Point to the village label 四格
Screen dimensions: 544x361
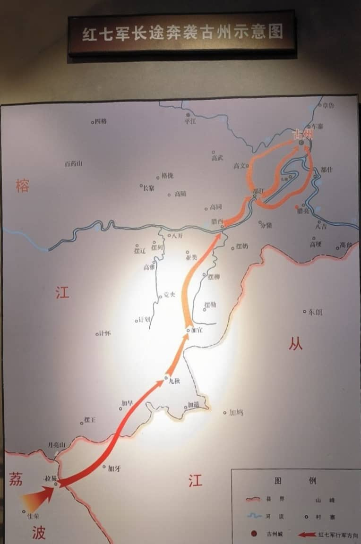pos(101,121)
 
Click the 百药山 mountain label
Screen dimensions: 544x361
pos(73,163)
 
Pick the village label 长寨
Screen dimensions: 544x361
pos(148,188)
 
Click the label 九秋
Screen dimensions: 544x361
pos(174,380)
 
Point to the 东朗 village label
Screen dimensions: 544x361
pos(315,312)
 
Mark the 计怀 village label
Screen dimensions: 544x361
pos(104,333)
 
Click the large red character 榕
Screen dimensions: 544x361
pos(22,186)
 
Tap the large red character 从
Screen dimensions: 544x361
pos(295,344)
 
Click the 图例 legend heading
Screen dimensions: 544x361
pos(295,481)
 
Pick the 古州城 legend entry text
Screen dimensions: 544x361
pos(276,535)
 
